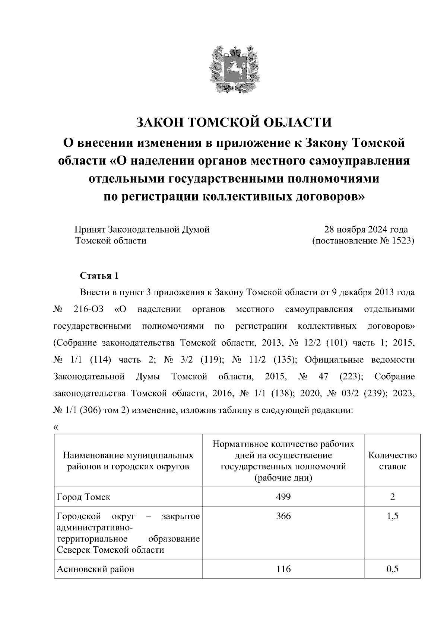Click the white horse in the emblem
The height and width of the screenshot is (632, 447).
pyautogui.click(x=234, y=69)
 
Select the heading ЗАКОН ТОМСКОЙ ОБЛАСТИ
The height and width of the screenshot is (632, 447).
pyautogui.click(x=234, y=122)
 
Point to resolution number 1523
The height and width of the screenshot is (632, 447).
pyautogui.click(x=402, y=241)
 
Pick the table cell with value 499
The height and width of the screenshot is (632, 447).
pyautogui.click(x=283, y=497)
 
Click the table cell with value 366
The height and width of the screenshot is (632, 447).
pyautogui.click(x=283, y=516)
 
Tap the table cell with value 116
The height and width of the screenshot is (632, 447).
pyautogui.click(x=283, y=569)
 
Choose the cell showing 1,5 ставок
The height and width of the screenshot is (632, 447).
pyautogui.click(x=393, y=516)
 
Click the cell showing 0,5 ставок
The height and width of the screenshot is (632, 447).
pyautogui.click(x=393, y=569)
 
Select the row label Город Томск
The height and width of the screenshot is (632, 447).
pyautogui.click(x=83, y=497)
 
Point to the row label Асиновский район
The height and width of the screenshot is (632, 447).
pyautogui.click(x=95, y=569)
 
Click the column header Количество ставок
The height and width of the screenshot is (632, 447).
pyautogui.click(x=393, y=461)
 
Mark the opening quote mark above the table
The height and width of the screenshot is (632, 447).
pyautogui.click(x=56, y=427)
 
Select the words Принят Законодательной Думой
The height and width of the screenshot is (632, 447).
pyautogui.click(x=142, y=230)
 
